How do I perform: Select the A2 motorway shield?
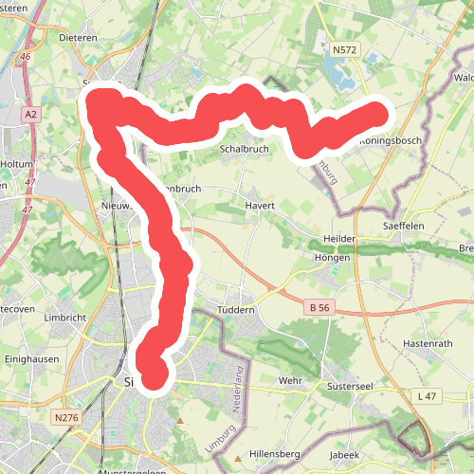click(32, 115)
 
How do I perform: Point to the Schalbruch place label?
click(246, 150)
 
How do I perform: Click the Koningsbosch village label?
click(390, 141)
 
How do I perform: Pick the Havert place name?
click(260, 206)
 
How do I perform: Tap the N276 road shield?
click(66, 417)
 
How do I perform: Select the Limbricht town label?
click(65, 318)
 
